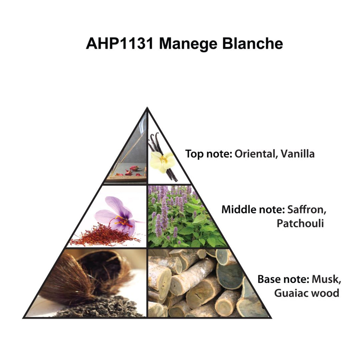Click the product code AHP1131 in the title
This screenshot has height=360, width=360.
(119, 44)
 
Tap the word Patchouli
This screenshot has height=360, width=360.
(300, 223)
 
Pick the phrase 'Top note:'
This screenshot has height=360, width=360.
(207, 154)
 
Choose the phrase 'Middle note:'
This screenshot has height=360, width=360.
(253, 210)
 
